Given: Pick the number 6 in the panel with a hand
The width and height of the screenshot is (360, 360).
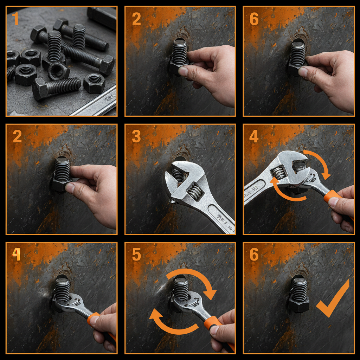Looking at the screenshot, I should tap(254, 19).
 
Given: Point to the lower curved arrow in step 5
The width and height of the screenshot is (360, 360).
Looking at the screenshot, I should tap(172, 322).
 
